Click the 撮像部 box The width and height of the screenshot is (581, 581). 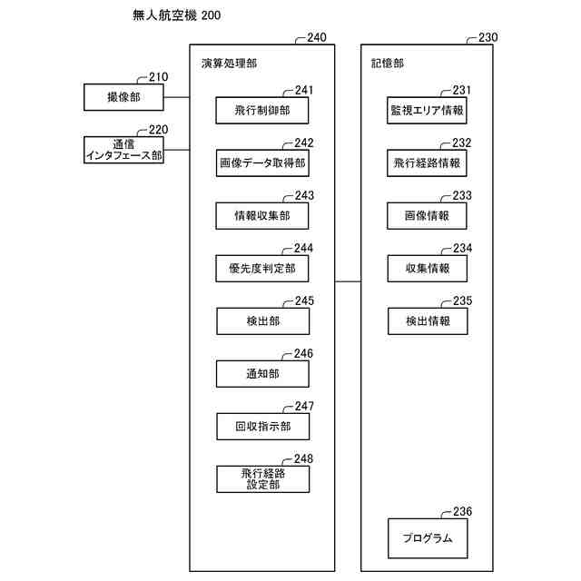pos(123,96)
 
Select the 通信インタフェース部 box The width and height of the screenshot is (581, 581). pos(123,149)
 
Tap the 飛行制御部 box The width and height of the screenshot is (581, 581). pos(262,111)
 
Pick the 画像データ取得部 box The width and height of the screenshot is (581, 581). pos(262,163)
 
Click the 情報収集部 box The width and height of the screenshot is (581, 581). pos(262,215)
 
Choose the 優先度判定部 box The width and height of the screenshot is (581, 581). pos(262,268)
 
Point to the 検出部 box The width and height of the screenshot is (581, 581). pos(262,320)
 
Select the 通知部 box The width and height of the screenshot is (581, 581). pos(262,373)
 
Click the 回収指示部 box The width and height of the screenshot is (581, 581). pos(262,426)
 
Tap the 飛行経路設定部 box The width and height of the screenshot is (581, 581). pos(262,478)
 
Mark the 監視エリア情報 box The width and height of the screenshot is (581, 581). pos(427,111)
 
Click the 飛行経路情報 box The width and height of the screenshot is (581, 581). pos(427,163)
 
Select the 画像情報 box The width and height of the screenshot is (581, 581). pos(427,215)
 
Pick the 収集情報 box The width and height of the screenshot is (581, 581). pos(427,268)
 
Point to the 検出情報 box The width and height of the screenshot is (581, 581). pos(427,320)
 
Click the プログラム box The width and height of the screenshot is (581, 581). pos(427,537)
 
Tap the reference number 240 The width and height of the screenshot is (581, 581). pos(317,38)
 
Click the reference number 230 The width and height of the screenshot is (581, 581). pos(487,38)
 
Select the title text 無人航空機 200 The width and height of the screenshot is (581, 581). pos(176,15)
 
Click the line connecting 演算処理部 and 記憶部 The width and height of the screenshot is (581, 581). pos(349,281)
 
